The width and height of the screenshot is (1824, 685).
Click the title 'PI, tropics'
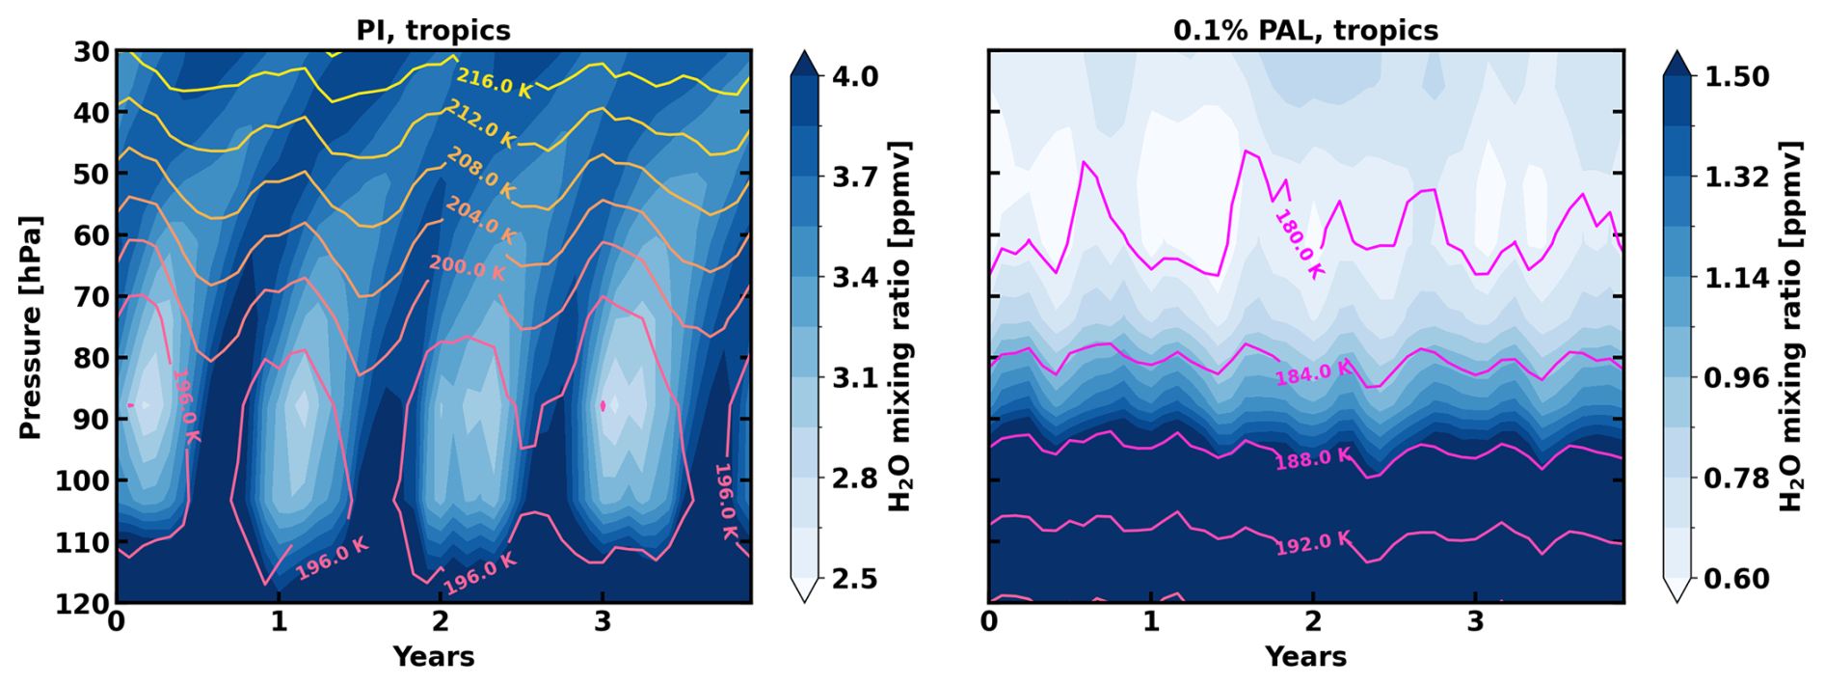coord(433,30)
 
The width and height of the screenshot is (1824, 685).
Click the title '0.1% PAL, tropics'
coord(1305,30)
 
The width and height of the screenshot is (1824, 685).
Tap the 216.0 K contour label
coord(494,83)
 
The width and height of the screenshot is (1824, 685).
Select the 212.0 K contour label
coord(480,124)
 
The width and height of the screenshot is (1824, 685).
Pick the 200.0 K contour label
coord(467,267)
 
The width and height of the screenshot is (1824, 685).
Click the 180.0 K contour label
coord(1299,244)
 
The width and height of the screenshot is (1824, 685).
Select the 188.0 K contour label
coord(1313,459)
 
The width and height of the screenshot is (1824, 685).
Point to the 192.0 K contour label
coord(1313,544)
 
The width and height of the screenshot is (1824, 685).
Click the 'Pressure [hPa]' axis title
coord(31,327)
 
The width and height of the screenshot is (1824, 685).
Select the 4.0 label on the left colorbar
coord(854,75)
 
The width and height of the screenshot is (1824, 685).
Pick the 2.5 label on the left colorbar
coord(854,578)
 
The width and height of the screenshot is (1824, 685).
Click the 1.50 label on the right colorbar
coord(1736,75)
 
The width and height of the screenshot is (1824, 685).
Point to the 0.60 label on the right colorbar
coord(1736,578)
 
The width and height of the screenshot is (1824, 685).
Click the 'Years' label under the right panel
coord(1305,657)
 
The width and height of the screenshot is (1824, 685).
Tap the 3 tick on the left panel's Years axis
coord(603,621)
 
